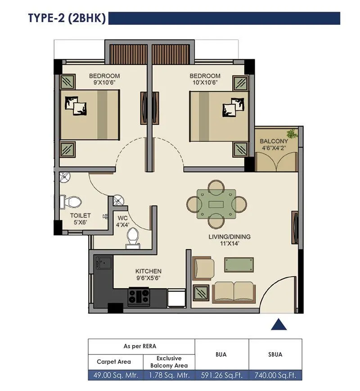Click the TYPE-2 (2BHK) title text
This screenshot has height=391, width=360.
[x=67, y=18]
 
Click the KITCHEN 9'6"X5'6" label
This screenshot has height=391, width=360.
[x=148, y=274]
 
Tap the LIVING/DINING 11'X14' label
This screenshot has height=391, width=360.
[x=229, y=240]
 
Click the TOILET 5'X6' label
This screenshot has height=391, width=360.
[x=81, y=218]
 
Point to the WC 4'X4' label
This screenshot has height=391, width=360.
[x=123, y=221]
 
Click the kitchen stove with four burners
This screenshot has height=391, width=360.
[x=139, y=296]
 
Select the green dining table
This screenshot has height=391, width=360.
[x=216, y=203]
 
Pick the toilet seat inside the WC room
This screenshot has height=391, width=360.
[x=132, y=238]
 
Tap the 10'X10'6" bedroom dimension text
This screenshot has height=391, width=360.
[x=205, y=83]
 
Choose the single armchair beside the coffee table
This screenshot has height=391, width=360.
[x=203, y=268]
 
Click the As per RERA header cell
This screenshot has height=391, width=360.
[x=141, y=346]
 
